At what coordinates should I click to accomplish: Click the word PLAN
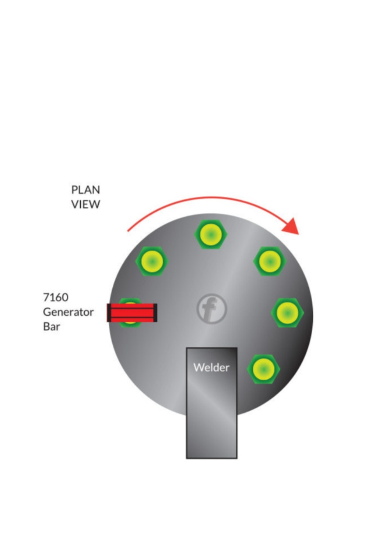(85, 190)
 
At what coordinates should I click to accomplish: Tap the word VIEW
(85, 204)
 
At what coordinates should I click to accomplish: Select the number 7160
(55, 297)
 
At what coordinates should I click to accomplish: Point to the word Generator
(68, 312)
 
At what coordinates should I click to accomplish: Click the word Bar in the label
(51, 327)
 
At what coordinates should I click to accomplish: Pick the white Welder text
(211, 368)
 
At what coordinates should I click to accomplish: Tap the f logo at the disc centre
(211, 309)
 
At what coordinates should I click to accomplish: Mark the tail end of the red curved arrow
(128, 230)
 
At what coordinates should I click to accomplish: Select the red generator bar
(132, 313)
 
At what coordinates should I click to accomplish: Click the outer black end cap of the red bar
(109, 313)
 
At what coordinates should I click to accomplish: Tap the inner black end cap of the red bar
(155, 313)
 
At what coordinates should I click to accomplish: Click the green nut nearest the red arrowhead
(269, 261)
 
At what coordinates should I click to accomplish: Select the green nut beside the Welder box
(264, 369)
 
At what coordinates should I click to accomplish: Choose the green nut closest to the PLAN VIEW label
(152, 260)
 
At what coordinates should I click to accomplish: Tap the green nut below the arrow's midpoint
(211, 234)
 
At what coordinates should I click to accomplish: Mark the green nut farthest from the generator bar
(287, 313)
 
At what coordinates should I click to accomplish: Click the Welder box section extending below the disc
(211, 437)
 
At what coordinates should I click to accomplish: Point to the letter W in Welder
(198, 368)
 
